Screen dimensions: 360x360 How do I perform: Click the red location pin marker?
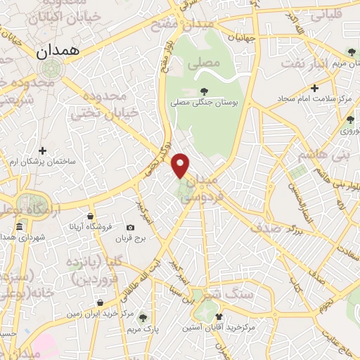tap(181, 165)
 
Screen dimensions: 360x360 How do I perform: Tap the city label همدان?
tap(60, 51)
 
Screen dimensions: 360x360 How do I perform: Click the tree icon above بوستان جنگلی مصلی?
tap(205, 91)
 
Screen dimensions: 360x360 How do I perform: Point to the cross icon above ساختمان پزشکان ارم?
tap(43, 150)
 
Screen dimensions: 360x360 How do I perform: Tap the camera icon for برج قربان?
tap(130, 228)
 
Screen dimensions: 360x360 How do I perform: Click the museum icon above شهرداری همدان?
tap(19, 228)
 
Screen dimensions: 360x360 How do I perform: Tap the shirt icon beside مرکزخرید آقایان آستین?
tap(219, 317)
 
